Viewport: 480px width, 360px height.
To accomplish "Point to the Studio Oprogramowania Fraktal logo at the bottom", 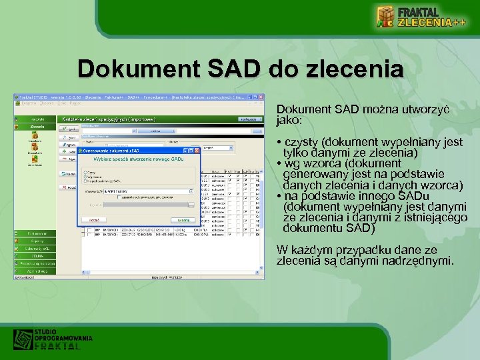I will click(53, 339).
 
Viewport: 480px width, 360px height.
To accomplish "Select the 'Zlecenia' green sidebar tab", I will click(37, 126).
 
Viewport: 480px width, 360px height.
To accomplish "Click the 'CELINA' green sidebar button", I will click(37, 255).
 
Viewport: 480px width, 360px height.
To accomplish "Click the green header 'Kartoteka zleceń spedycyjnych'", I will click(107, 119).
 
